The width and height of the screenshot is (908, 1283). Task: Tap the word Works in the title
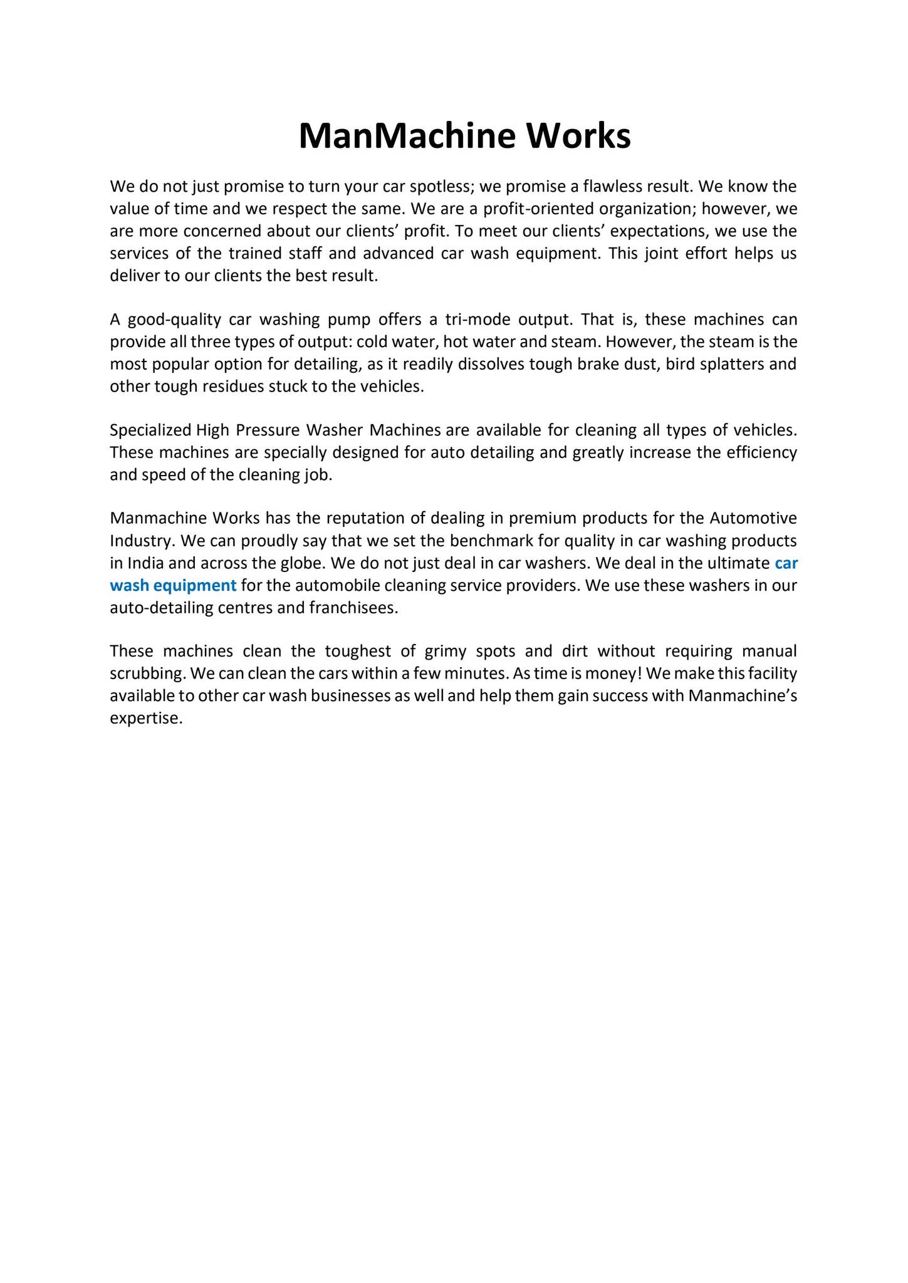(578, 136)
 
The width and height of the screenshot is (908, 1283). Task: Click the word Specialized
(150, 430)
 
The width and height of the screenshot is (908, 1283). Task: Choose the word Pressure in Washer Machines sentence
(267, 430)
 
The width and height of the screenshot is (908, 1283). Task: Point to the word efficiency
(761, 452)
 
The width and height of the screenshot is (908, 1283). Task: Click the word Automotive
(753, 519)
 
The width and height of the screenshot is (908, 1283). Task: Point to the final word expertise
(145, 719)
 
